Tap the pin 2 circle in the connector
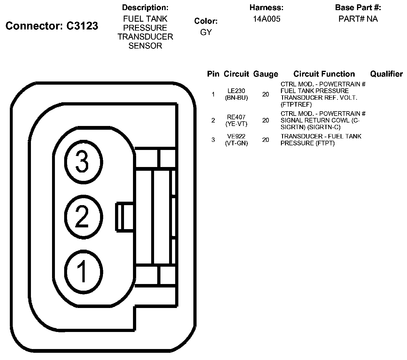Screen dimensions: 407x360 point(83,217)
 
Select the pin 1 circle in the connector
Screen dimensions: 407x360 point(83,271)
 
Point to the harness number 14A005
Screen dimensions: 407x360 point(267,19)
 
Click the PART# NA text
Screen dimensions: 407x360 point(358,19)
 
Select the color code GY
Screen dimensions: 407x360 point(206,32)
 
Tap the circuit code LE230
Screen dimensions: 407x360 point(236,91)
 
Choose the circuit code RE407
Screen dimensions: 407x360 point(236,117)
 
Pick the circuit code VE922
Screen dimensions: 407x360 point(236,136)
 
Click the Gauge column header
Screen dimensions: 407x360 point(265,74)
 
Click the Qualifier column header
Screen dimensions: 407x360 point(386,74)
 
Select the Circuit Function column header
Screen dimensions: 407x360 point(324,74)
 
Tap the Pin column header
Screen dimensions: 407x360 point(213,74)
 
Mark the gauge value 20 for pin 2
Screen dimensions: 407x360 point(265,120)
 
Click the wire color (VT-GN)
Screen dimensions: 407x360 point(236,143)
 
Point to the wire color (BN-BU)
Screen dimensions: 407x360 point(236,98)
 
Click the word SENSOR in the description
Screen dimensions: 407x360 point(145,46)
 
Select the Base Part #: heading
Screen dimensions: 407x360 point(358,8)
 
